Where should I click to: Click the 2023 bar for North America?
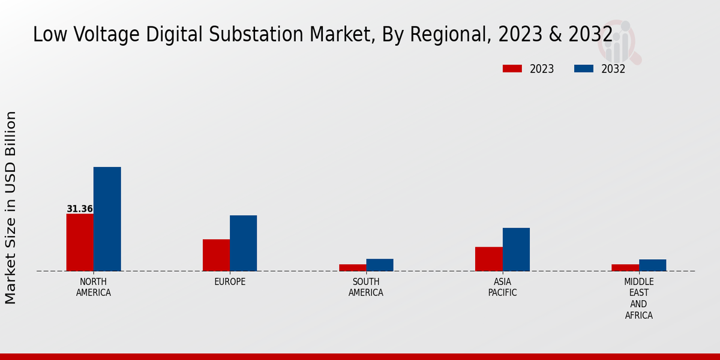coord(80,242)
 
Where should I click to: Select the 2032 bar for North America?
coord(107,219)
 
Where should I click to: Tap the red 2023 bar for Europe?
coord(216,255)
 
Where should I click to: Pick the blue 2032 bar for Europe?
coord(243,243)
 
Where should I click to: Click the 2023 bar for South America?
coord(352,268)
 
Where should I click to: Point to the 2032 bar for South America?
coord(379,265)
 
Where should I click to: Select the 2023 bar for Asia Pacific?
coord(488,259)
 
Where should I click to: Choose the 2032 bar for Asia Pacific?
coord(516,249)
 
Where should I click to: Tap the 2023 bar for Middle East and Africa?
coord(625,268)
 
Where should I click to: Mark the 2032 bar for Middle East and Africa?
coord(652,265)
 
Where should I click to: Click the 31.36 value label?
coord(80,209)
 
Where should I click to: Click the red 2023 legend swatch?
coord(512,68)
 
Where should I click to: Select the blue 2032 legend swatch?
coord(583,68)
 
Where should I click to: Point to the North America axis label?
coord(93,287)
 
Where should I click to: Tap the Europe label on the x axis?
coord(230,282)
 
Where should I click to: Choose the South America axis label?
coord(366,287)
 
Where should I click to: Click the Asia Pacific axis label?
coord(502,287)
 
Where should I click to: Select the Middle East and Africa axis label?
coord(639,298)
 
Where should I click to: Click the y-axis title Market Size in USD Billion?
coord(11,207)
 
